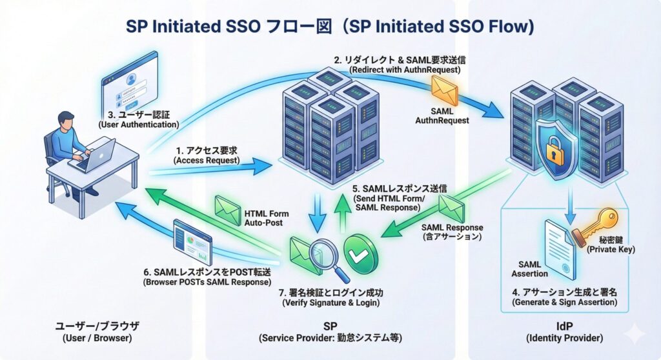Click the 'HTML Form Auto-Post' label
tap(267, 218)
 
